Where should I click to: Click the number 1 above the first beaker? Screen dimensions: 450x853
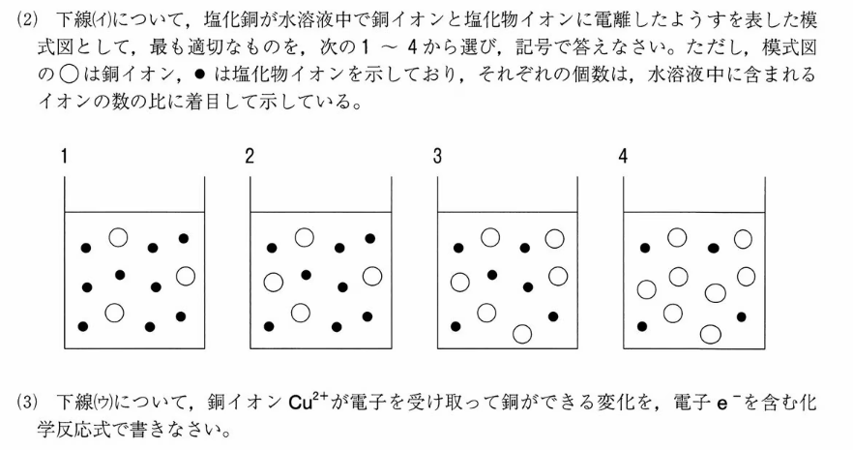pyautogui.click(x=65, y=157)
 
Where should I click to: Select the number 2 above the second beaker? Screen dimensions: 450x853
pyautogui.click(x=250, y=157)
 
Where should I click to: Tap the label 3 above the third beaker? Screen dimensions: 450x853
pyautogui.click(x=437, y=157)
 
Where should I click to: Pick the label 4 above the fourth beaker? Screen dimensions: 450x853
pyautogui.click(x=623, y=157)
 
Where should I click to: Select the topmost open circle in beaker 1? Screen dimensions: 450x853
pyautogui.click(x=118, y=236)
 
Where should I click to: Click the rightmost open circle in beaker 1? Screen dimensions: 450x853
pyautogui.click(x=186, y=276)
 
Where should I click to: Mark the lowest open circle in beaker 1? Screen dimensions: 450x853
pyautogui.click(x=115, y=312)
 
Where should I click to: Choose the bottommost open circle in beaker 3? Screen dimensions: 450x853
pyautogui.click(x=522, y=334)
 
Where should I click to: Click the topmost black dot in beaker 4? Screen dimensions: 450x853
pyautogui.click(x=713, y=248)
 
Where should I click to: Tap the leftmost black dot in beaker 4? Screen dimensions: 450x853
pyautogui.click(x=642, y=326)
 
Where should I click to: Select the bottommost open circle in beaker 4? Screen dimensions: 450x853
pyautogui.click(x=710, y=334)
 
